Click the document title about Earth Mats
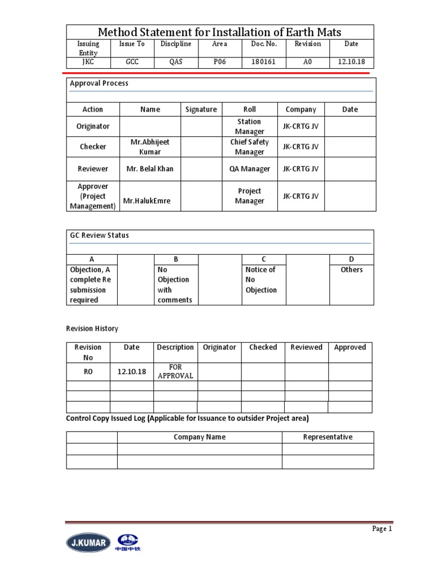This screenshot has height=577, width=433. (x=220, y=32)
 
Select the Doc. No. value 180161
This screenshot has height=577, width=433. (x=264, y=62)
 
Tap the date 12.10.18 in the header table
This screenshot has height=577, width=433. (x=351, y=62)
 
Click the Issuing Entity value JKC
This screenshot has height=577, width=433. (x=88, y=62)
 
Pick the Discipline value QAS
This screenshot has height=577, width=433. (x=176, y=62)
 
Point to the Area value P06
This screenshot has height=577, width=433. (x=219, y=62)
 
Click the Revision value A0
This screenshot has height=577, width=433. (x=307, y=62)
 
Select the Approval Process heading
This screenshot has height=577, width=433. (x=99, y=83)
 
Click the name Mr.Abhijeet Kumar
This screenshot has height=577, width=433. (x=150, y=147)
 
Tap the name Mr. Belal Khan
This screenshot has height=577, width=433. (x=150, y=168)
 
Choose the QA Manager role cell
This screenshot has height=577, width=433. (x=249, y=168)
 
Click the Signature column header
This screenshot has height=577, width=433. (x=201, y=109)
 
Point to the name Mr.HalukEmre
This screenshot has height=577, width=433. (x=150, y=201)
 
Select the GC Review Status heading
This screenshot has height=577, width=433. (x=99, y=236)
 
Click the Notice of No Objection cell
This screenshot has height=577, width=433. (x=261, y=280)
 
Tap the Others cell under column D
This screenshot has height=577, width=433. (x=351, y=270)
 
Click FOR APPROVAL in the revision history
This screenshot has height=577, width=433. (x=175, y=371)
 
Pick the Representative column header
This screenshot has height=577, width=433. (x=328, y=437)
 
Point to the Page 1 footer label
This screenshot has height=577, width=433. (x=381, y=529)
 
